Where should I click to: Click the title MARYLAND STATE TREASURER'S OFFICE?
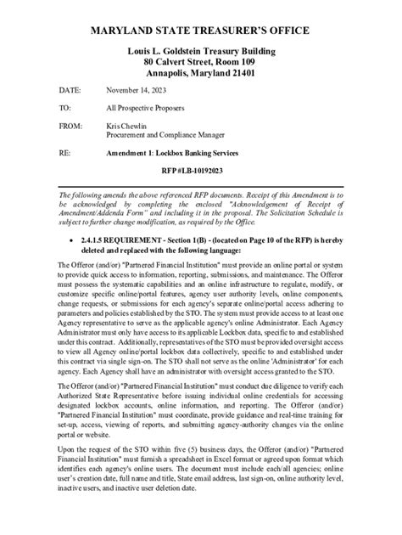(200, 31)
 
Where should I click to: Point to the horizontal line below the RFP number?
(200, 183)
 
